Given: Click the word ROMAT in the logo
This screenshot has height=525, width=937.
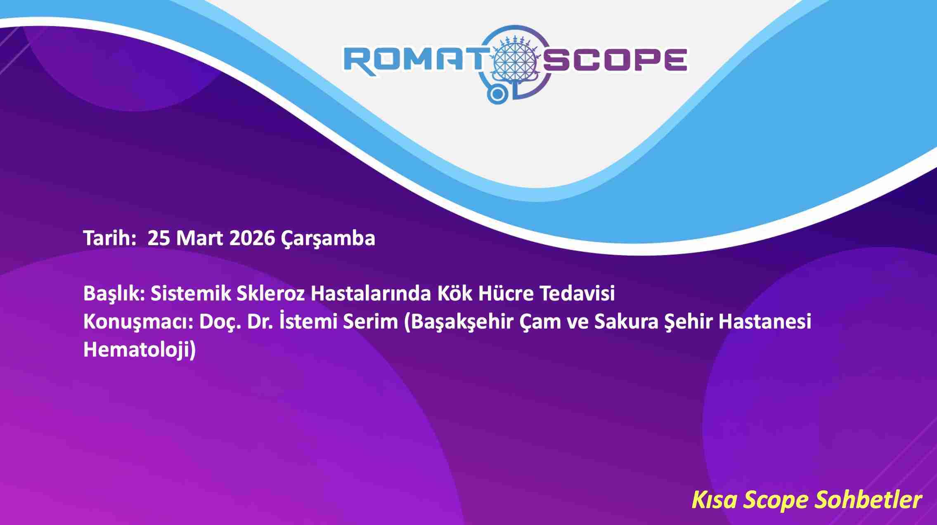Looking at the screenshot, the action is [414, 61].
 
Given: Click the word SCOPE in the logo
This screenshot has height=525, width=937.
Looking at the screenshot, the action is [615, 61].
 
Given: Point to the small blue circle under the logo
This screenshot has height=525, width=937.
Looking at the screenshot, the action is [498, 95].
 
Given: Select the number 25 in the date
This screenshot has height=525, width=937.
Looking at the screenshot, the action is [159, 238].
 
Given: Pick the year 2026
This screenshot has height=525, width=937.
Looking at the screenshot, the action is [252, 238].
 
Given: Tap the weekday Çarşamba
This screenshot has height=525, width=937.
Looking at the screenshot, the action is [328, 239].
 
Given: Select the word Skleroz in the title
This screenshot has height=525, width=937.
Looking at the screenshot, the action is [270, 293].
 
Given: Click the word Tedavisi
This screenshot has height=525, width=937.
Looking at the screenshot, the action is [577, 293].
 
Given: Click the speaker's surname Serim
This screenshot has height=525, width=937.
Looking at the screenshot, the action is [370, 322].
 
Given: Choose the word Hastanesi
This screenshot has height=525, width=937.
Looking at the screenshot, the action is [765, 322].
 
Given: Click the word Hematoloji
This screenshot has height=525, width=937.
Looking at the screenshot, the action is [140, 350].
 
